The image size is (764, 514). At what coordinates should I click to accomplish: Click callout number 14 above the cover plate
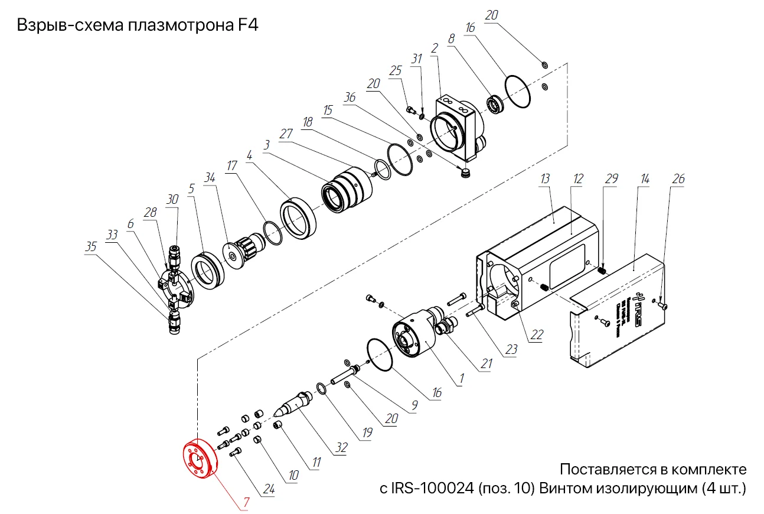coord(644,178)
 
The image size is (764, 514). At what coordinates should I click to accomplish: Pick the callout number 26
coord(678,178)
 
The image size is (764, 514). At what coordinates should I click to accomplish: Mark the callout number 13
coord(545,178)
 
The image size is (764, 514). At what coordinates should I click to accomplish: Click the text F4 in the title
coord(246,27)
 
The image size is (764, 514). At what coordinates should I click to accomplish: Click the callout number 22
coord(536,335)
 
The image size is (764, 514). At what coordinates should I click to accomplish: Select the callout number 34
coord(210,178)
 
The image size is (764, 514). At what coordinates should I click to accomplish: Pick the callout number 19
coord(367,432)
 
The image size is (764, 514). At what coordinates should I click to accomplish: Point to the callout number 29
coord(612,178)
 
